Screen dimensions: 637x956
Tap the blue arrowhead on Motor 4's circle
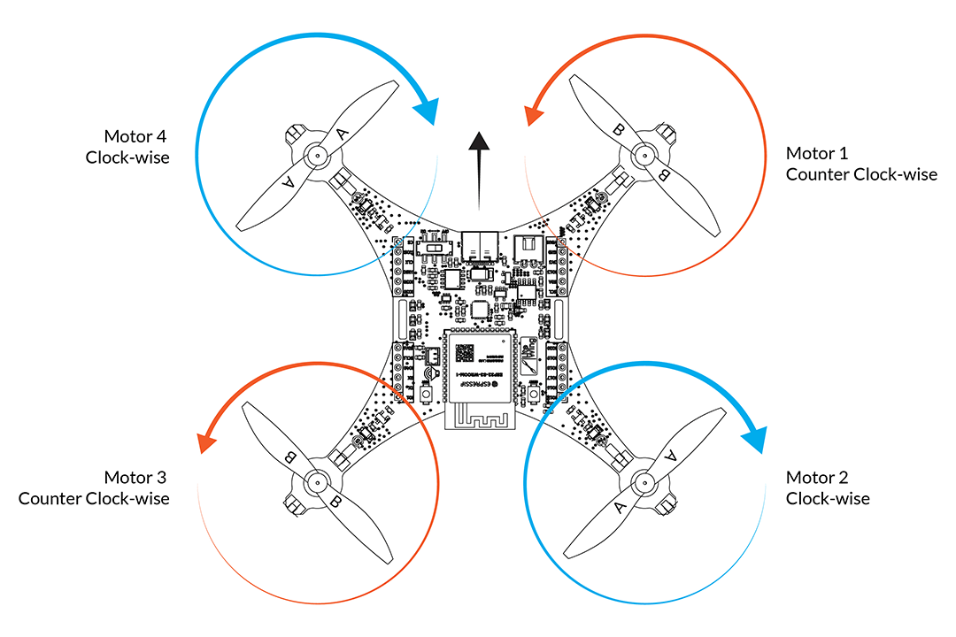(427, 111)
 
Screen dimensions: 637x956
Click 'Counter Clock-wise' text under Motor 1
(861, 175)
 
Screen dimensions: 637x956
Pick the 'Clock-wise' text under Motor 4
(127, 157)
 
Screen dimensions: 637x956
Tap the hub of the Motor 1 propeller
(644, 157)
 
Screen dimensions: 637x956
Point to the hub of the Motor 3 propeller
(314, 482)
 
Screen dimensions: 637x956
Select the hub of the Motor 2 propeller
(644, 482)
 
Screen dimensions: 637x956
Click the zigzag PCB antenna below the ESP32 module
(478, 416)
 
